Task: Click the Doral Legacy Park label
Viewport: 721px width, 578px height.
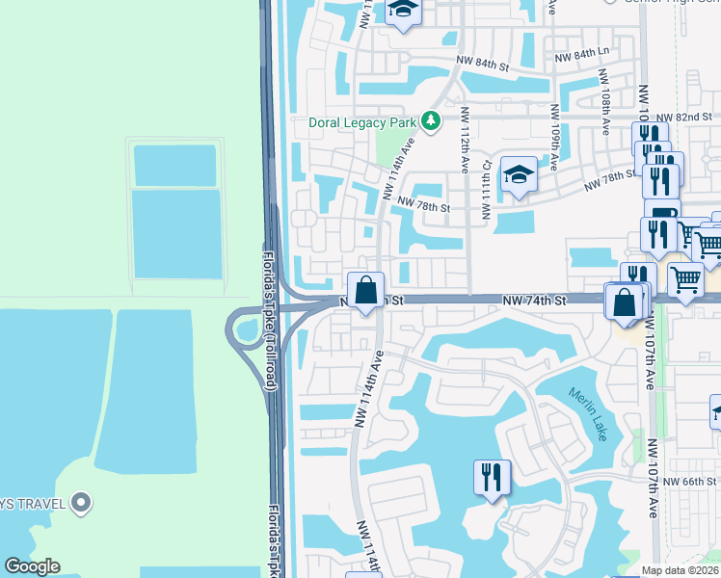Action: point(361,122)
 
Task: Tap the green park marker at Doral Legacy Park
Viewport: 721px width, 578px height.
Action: point(431,121)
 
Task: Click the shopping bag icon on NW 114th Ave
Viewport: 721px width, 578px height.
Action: point(366,290)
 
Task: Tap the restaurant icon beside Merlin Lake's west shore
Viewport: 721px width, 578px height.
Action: point(493,477)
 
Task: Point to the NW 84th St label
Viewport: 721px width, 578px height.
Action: point(482,65)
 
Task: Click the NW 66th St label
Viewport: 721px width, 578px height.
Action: point(697,481)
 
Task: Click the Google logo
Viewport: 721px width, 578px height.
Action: point(32,566)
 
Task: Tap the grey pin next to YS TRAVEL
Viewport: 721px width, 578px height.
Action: point(82,501)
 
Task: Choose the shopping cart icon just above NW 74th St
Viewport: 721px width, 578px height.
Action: point(685,279)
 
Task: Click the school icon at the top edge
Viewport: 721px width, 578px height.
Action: point(404,11)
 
